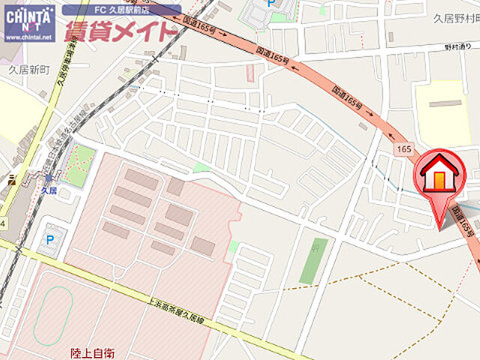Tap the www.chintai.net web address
click(x=28, y=37)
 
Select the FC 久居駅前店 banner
click(x=121, y=10)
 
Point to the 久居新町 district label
click(x=28, y=69)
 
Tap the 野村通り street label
click(x=457, y=47)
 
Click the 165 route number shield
click(x=404, y=150)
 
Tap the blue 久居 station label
click(x=49, y=190)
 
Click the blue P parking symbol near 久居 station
click(x=50, y=240)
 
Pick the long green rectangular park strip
click(x=313, y=261)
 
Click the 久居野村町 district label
click(x=456, y=17)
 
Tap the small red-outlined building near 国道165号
click(x=250, y=73)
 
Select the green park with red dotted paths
click(x=78, y=166)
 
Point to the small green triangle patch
click(x=201, y=167)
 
